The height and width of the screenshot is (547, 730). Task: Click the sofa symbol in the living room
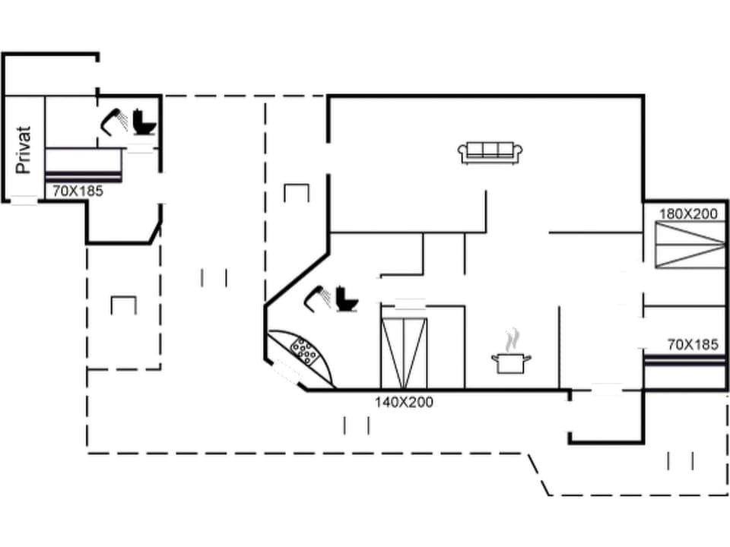(490, 153)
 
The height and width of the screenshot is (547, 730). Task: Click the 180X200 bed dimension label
(688, 214)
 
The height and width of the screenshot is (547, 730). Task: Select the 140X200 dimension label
(404, 402)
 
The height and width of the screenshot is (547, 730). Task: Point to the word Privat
(24, 150)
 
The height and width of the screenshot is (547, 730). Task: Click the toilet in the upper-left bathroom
(143, 122)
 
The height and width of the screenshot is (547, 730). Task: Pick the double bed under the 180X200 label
(688, 245)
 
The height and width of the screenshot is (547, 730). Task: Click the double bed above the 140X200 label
(404, 353)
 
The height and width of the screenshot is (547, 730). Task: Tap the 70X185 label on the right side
(692, 345)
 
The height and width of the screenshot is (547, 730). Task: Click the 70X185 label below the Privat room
(78, 191)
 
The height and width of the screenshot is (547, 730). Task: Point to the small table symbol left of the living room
(297, 192)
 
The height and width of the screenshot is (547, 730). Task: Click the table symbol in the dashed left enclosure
(123, 305)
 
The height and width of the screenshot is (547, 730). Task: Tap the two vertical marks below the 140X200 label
(357, 425)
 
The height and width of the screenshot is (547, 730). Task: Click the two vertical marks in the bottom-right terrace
(681, 461)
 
